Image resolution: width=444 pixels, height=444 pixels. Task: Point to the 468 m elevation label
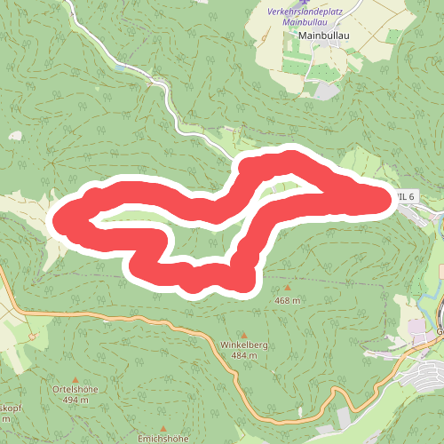pyautogui.click(x=287, y=301)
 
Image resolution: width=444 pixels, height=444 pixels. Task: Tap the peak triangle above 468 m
pyautogui.click(x=287, y=289)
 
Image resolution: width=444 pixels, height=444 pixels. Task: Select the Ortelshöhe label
pyautogui.click(x=75, y=389)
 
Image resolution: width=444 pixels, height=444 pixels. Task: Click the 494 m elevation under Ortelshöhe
pyautogui.click(x=75, y=400)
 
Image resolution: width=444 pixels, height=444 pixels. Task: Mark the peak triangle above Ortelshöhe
pyautogui.click(x=75, y=378)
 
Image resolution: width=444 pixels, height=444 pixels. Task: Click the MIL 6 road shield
pyautogui.click(x=405, y=194)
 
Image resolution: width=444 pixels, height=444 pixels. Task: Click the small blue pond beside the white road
pyautogui.click(x=120, y=67)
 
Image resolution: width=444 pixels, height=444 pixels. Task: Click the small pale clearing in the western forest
pyautogui.click(x=15, y=136)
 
